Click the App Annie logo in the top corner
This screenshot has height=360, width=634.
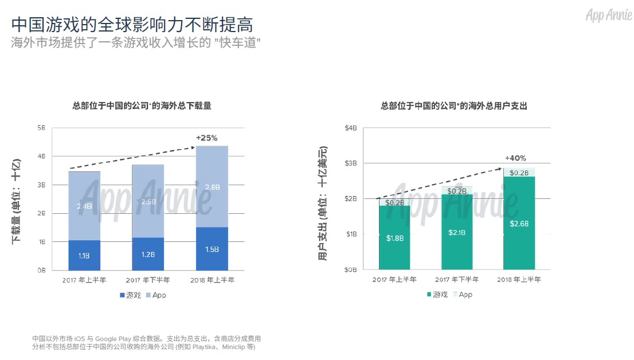click(x=608, y=15)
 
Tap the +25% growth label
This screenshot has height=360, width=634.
click(x=207, y=138)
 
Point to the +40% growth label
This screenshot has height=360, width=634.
click(x=515, y=158)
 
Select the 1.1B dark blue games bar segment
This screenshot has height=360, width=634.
click(x=84, y=256)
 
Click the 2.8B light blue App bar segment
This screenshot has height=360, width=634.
click(x=212, y=187)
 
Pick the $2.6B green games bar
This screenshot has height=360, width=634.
click(x=519, y=223)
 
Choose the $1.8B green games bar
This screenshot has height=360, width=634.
click(x=394, y=238)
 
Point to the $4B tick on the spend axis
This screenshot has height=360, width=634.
click(x=350, y=127)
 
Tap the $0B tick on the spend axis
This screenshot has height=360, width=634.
click(x=350, y=269)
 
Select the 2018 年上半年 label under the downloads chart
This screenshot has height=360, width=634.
click(x=213, y=280)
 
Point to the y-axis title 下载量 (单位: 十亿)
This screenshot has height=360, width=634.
click(x=17, y=201)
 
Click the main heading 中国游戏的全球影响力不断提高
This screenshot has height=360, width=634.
click(x=132, y=25)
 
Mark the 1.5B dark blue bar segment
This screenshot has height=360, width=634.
click(x=212, y=249)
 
